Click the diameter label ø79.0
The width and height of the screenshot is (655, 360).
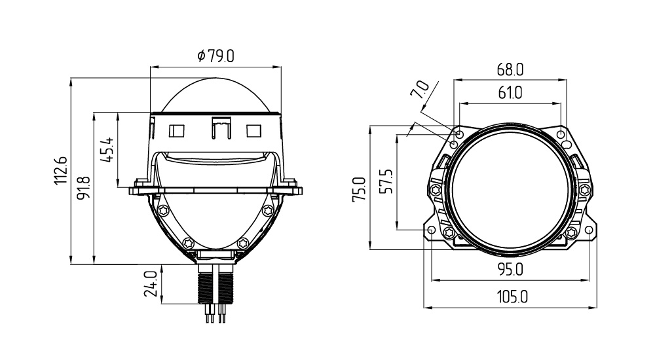click(x=215, y=56)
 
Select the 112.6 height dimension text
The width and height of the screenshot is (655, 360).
click(x=60, y=170)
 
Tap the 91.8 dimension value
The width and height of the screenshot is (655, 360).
click(x=84, y=187)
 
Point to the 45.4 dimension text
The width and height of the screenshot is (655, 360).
click(x=107, y=150)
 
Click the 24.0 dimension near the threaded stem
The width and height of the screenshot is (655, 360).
click(x=151, y=283)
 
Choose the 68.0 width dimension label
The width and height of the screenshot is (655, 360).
click(x=510, y=69)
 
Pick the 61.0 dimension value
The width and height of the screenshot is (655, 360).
click(x=510, y=92)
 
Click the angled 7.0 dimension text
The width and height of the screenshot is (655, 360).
click(x=420, y=90)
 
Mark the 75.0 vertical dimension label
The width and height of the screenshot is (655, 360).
click(x=359, y=190)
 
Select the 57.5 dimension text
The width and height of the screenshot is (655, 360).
click(x=387, y=181)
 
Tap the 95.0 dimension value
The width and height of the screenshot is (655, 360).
click(x=510, y=270)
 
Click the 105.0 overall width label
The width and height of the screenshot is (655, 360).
click(x=513, y=297)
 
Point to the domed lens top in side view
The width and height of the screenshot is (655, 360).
click(x=215, y=95)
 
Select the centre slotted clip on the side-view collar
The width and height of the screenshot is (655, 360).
click(x=221, y=128)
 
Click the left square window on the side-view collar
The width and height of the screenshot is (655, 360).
click(x=177, y=131)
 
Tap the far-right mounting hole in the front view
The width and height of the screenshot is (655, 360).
click(x=589, y=230)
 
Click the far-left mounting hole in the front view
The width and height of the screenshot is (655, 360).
click(x=432, y=230)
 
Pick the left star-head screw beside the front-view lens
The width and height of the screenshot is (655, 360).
click(x=436, y=190)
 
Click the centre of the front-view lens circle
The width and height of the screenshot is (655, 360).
click(x=510, y=189)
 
